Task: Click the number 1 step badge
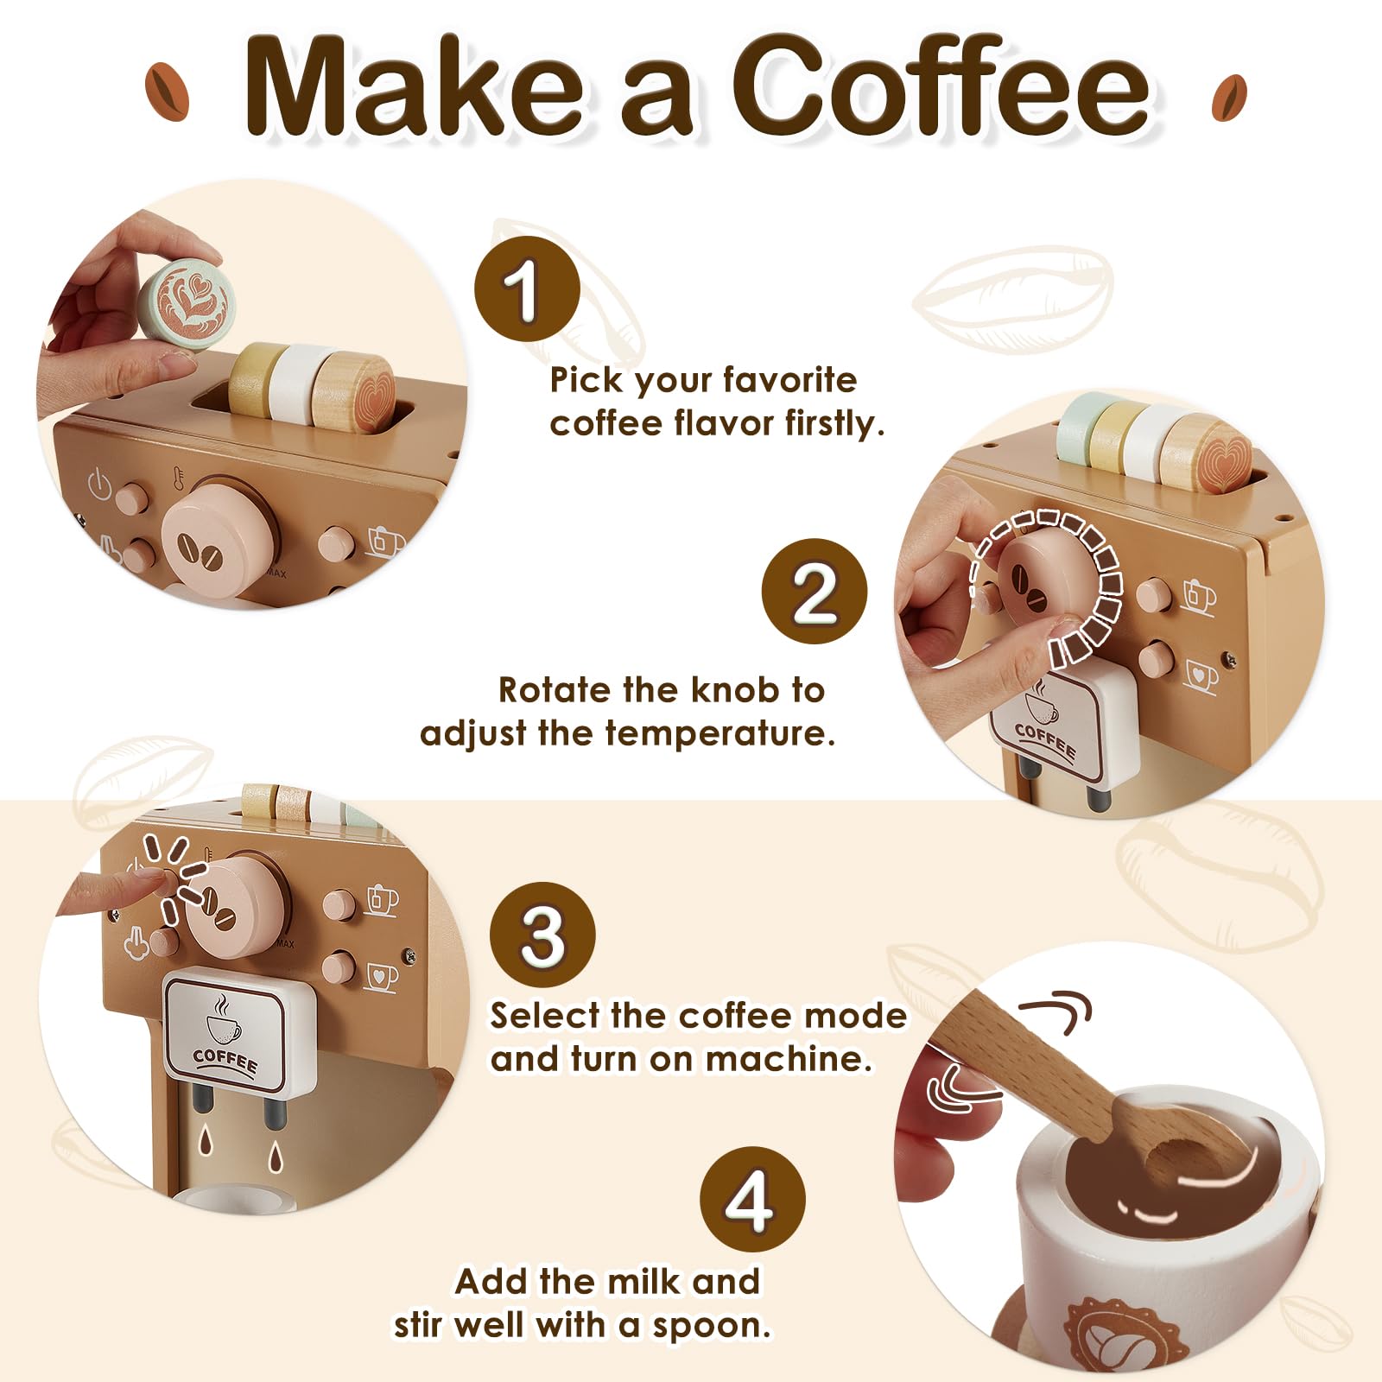coord(526,289)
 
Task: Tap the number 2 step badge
coord(814,592)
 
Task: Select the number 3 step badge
coord(542,935)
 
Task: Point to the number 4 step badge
coord(751,1200)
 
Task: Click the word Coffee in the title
coord(941,86)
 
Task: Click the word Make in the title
coord(415,86)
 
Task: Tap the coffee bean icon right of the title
coord(1228,98)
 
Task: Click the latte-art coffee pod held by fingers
coord(187,301)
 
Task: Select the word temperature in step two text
coord(720,733)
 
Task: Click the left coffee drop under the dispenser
coord(205,1141)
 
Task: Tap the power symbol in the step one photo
coord(100,484)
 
